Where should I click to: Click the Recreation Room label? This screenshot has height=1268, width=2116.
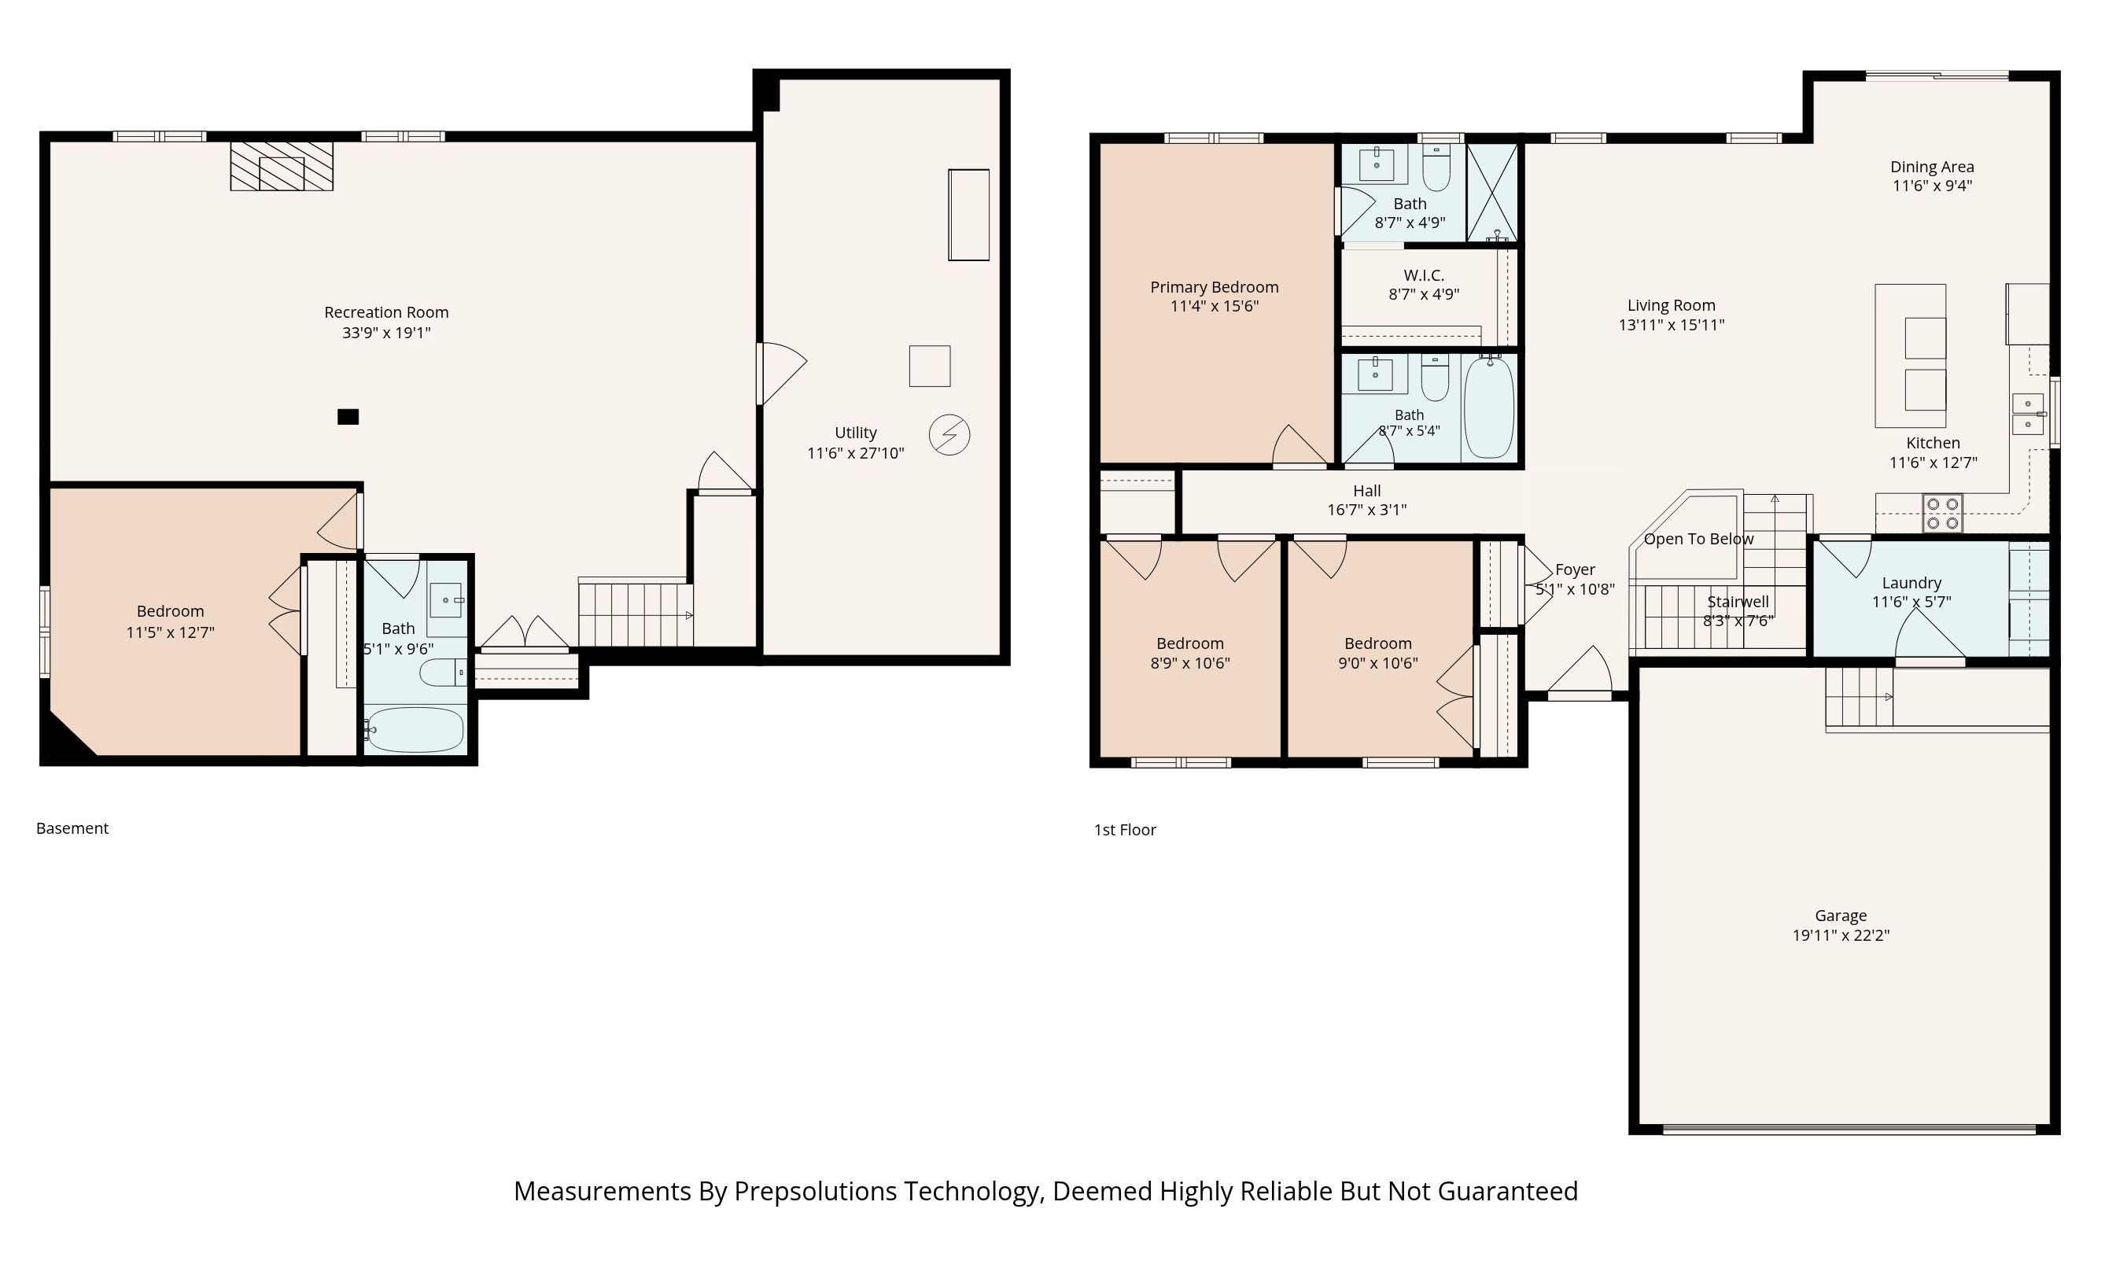(386, 313)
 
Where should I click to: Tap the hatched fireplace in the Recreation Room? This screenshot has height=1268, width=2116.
(281, 166)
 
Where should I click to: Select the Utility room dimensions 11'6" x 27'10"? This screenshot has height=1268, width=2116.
(855, 453)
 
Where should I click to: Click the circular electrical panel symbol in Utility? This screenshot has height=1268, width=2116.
(949, 435)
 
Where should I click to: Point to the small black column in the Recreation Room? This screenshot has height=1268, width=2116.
(348, 417)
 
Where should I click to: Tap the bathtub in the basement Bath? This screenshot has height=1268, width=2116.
(415, 730)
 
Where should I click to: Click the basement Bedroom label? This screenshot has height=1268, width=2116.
(170, 611)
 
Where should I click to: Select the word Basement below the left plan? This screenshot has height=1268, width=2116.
(72, 828)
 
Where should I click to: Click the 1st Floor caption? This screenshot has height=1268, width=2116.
(1125, 830)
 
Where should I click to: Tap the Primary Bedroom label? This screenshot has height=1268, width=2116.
(1214, 287)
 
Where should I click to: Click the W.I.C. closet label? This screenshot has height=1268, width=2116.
(1424, 275)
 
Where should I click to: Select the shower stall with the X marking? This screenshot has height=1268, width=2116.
(1492, 192)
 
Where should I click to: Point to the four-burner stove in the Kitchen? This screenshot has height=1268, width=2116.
(1943, 514)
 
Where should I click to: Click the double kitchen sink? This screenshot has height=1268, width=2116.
(2027, 414)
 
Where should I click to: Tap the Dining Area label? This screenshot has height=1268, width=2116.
(1931, 167)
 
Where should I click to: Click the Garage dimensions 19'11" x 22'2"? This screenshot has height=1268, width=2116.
(1841, 934)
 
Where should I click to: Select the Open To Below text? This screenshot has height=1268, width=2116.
(1698, 539)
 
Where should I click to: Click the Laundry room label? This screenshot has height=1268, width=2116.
(1911, 583)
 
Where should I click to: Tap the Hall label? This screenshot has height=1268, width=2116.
(1367, 491)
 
